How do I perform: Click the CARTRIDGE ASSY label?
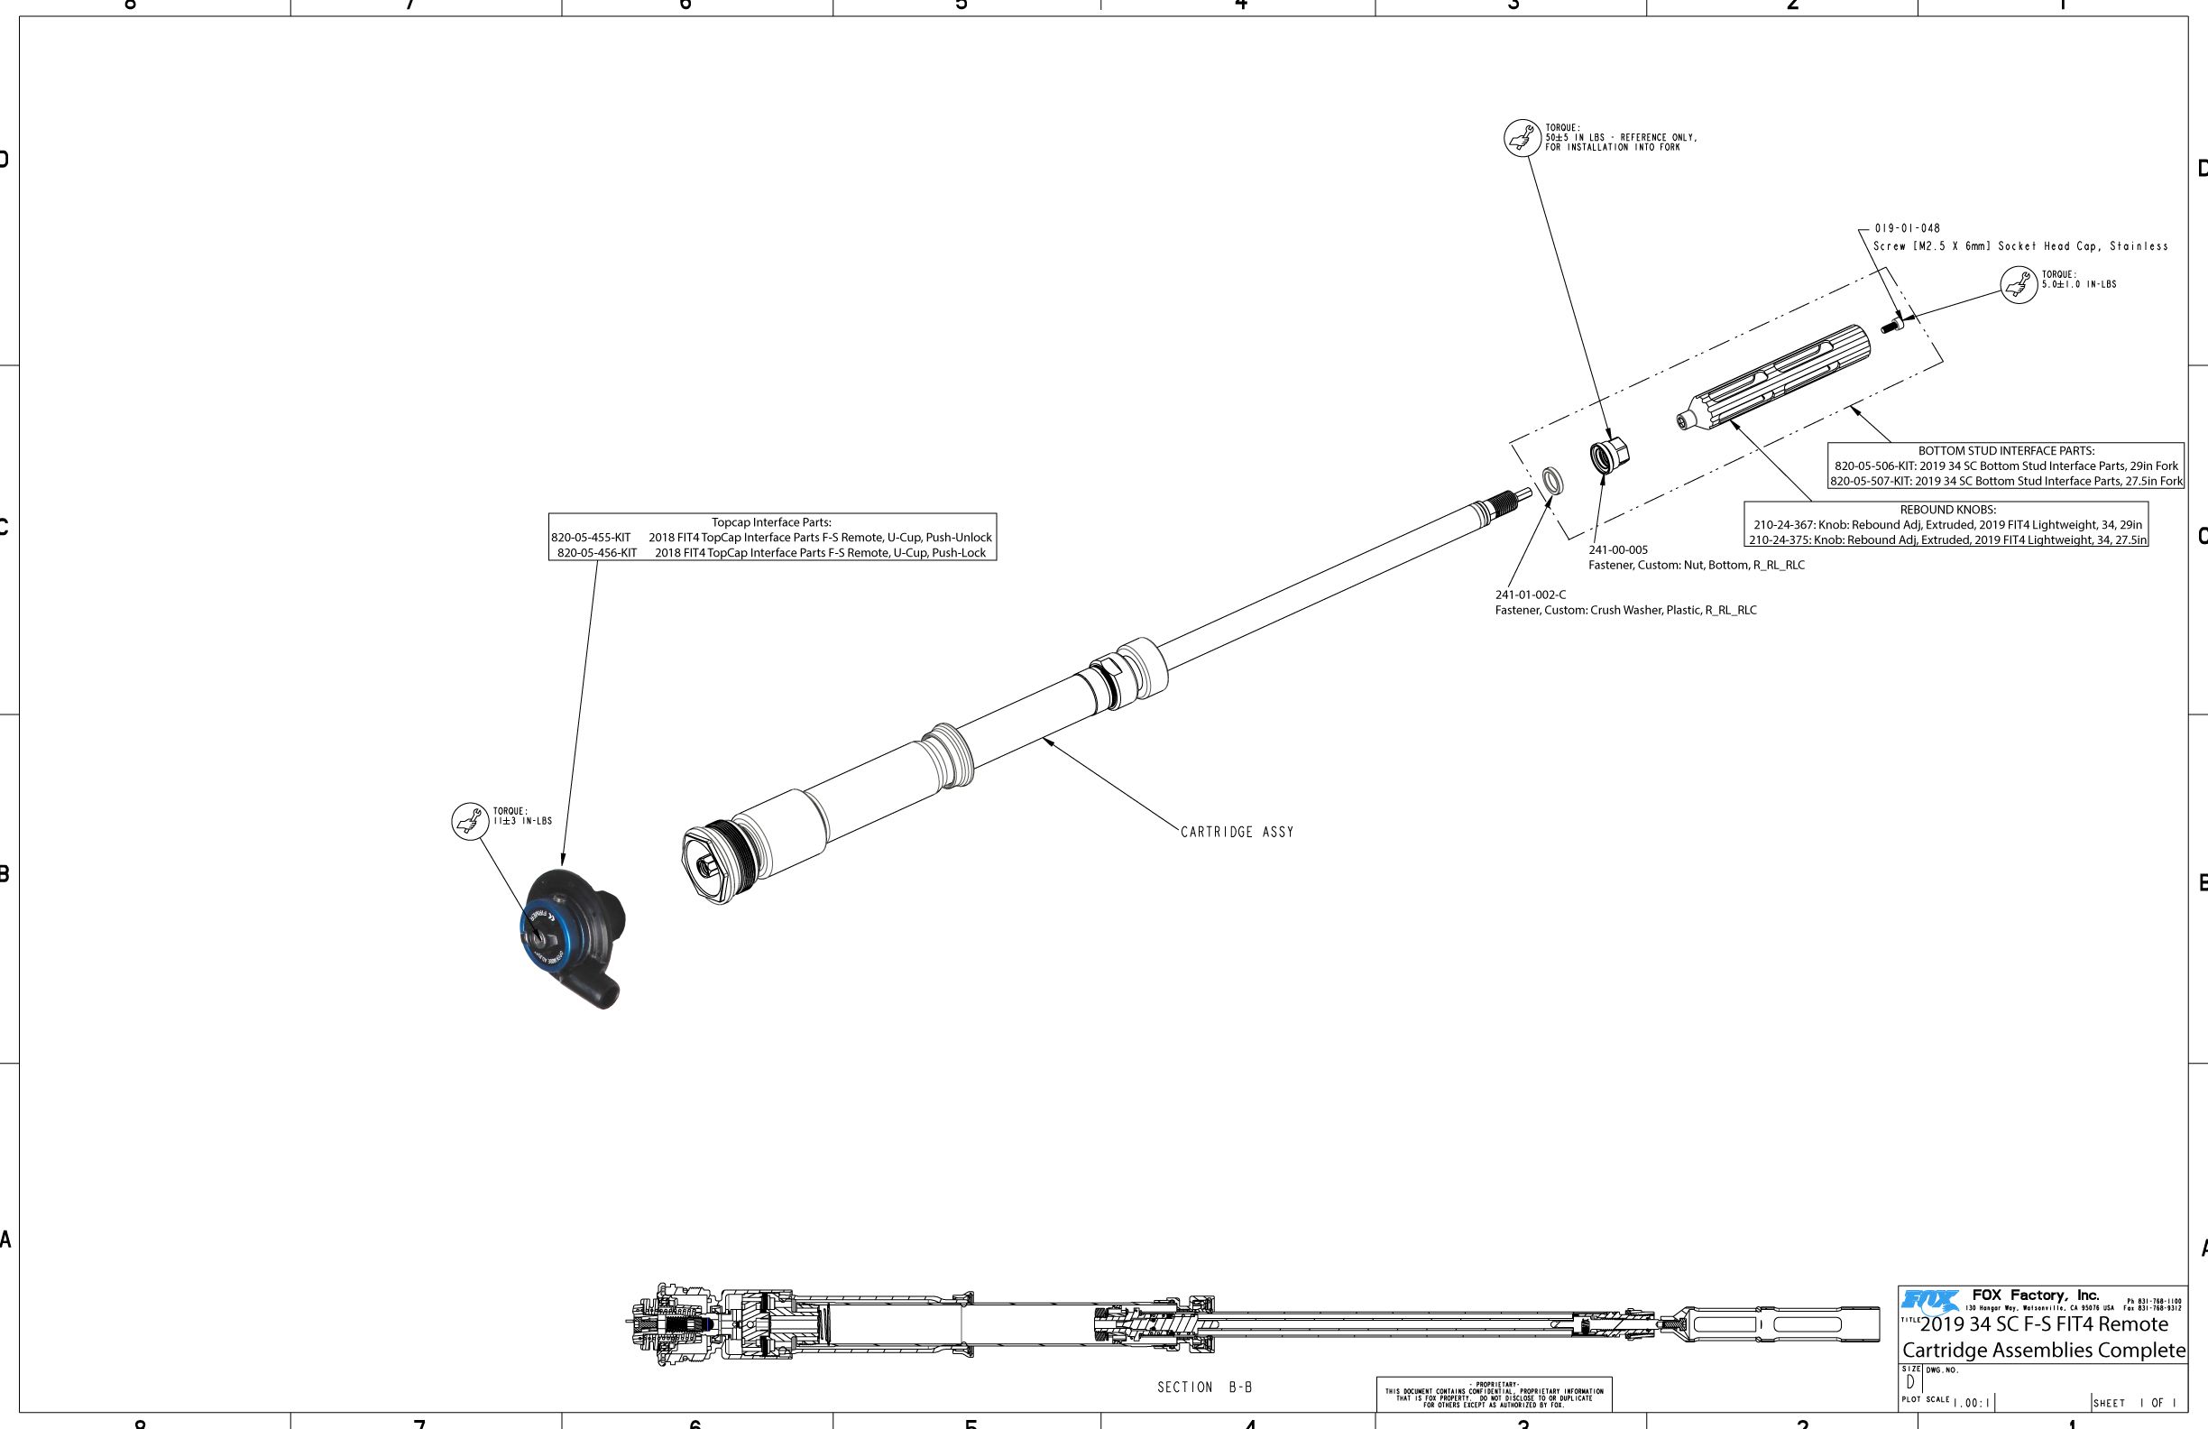pos(1237,833)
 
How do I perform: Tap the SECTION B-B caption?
pos(1204,1388)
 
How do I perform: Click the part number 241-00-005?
pos(1618,550)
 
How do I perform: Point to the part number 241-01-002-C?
pos(1530,595)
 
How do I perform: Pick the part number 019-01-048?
pos(1907,228)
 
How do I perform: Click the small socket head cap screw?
pos(1891,324)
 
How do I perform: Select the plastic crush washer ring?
pos(1552,482)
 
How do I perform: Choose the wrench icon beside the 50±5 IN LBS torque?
pos(1522,138)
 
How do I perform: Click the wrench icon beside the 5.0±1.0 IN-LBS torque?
pos(2018,285)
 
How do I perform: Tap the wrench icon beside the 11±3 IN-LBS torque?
pos(469,821)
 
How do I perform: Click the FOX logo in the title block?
pos(1929,1300)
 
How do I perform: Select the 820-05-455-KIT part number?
pos(591,538)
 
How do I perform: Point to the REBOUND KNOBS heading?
pos(1947,510)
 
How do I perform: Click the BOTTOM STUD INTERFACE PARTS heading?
pos(2006,451)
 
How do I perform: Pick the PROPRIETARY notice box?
pos(1494,1394)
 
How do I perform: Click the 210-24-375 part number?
pos(1780,540)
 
